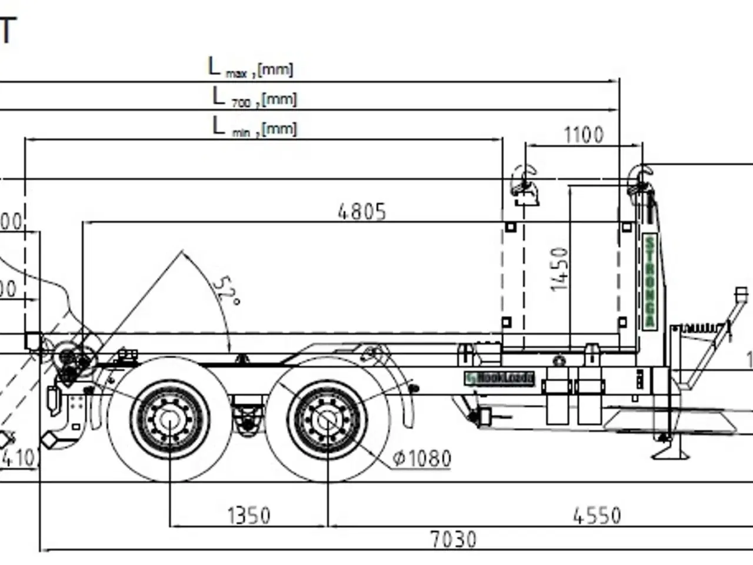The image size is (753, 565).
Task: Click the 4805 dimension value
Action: coord(362,211)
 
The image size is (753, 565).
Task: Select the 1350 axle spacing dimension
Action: coord(249,516)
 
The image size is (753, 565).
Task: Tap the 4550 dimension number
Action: coord(597,516)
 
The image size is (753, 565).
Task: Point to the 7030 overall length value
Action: coord(452,539)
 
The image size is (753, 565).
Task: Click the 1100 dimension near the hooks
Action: coord(584,135)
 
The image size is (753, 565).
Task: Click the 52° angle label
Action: coord(225,290)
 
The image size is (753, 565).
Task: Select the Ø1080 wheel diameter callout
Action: coord(422,458)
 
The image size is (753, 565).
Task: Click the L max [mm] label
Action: coord(251,68)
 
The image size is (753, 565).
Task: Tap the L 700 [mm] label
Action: coord(254,97)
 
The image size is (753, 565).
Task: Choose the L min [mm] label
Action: coord(254,127)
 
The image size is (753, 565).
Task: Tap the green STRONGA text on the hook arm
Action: coord(649,281)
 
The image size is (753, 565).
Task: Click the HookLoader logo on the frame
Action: coord(499,378)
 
